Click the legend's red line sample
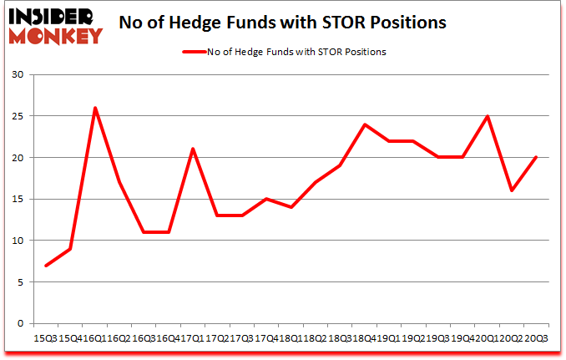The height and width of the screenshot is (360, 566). click(195, 52)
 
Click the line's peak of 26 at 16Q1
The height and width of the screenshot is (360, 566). click(95, 108)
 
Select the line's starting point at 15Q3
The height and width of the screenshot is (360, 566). click(46, 266)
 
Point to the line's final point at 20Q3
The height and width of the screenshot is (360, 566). click(535, 158)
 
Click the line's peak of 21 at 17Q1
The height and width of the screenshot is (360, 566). click(193, 150)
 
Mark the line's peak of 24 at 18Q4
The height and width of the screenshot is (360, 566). click(364, 124)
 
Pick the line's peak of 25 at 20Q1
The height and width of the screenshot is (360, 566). click(487, 116)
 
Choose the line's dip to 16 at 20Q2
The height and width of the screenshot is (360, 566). click(511, 190)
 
